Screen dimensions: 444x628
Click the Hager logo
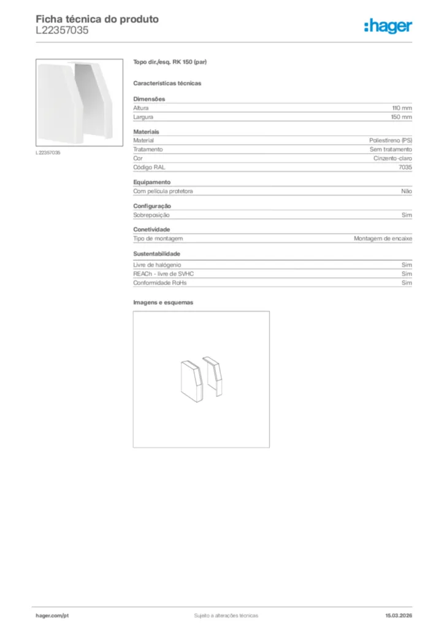click(388, 26)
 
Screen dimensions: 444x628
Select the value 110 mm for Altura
click(402, 107)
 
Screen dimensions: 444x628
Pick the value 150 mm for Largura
click(402, 117)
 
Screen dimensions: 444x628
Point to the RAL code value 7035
click(405, 167)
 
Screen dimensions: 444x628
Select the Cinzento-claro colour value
click(393, 158)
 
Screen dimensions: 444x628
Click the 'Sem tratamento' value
click(391, 149)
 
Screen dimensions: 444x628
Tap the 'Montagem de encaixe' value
click(383, 238)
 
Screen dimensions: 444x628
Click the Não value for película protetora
click(407, 191)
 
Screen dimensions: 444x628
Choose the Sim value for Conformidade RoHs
click(407, 283)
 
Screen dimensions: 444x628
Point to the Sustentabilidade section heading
click(156, 253)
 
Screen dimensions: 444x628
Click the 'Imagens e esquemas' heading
click(163, 302)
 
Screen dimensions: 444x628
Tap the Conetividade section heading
click(151, 229)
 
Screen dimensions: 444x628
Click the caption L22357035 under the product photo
click(48, 152)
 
